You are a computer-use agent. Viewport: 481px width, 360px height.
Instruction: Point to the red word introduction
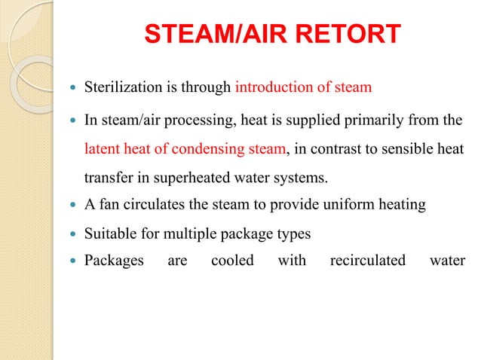click(x=271, y=87)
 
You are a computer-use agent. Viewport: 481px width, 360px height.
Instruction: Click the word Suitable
click(x=109, y=234)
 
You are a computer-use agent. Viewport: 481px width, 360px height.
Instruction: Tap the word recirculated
click(x=367, y=261)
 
